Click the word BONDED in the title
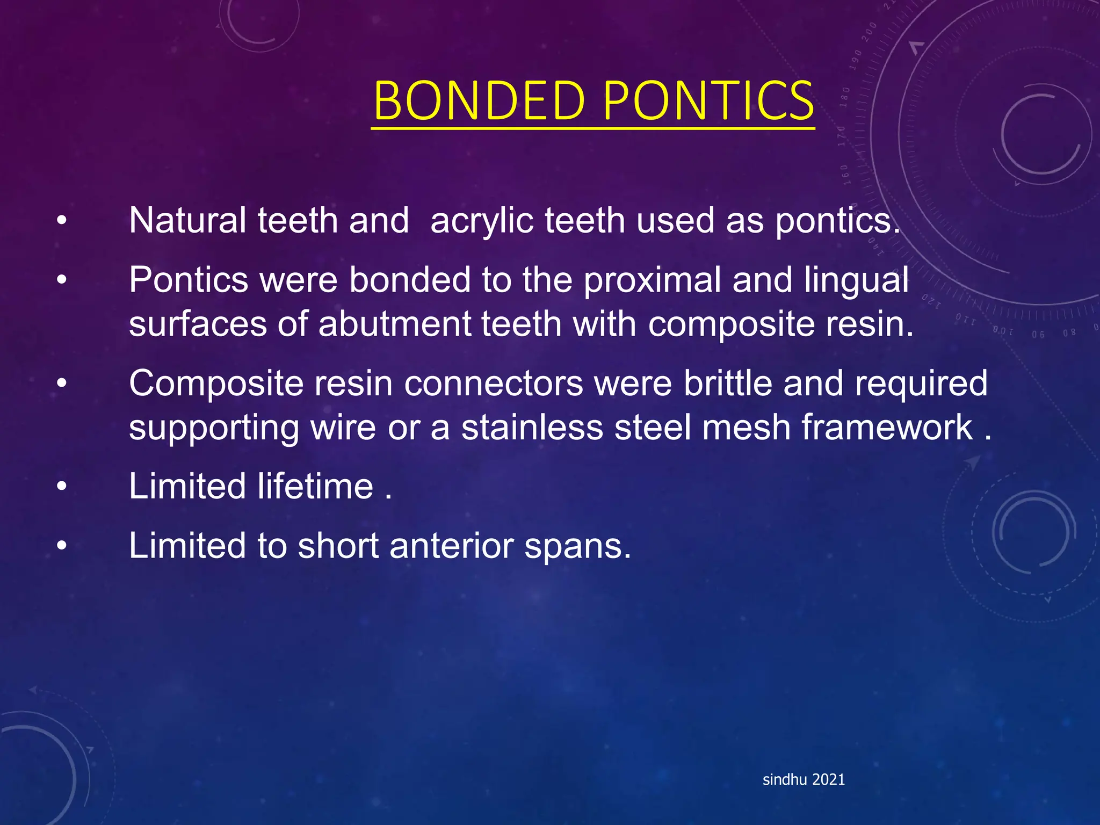click(x=479, y=101)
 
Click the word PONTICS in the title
click(x=708, y=101)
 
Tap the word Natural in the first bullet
click(x=187, y=221)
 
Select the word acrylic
click(x=482, y=222)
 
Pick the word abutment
click(x=394, y=324)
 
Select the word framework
click(x=887, y=428)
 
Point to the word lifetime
click(x=315, y=487)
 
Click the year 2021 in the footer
click(x=829, y=780)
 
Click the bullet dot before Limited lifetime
click(x=62, y=487)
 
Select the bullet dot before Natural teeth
click(x=62, y=221)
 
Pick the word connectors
click(x=494, y=383)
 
